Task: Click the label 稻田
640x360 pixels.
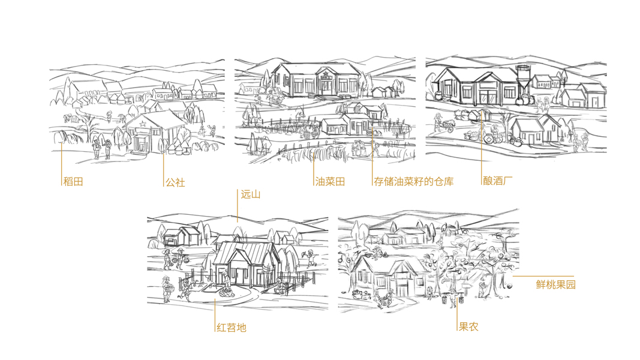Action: pos(73,181)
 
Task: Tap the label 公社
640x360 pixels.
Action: pos(175,182)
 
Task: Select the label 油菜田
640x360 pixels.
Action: pos(329,181)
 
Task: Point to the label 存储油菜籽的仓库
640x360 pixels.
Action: pos(414,181)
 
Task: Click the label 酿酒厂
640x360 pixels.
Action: pos(497,181)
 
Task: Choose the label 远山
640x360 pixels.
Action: pos(250,194)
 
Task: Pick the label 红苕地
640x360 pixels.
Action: pos(231,328)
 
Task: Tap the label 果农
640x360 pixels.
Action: pos(468,327)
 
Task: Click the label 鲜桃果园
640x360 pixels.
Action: pos(555,284)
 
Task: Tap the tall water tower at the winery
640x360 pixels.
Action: pos(522,79)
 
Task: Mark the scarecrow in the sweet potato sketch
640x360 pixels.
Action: pos(311,257)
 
